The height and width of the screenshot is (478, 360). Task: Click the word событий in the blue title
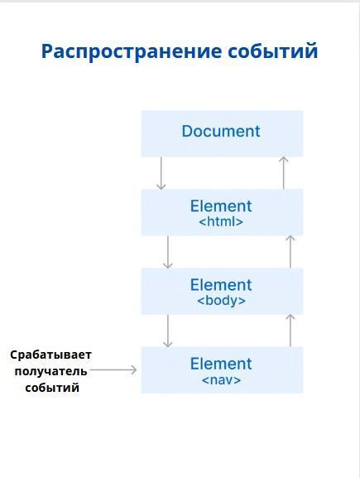[273, 51]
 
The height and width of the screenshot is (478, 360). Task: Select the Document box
[222, 134]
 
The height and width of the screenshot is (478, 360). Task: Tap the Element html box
[222, 212]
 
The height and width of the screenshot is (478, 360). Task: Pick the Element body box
[222, 291]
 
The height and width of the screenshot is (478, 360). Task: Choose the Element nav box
[222, 370]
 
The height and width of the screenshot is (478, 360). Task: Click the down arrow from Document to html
[161, 173]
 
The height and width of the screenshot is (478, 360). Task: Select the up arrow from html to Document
[284, 173]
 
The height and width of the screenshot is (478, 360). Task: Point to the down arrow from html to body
[167, 252]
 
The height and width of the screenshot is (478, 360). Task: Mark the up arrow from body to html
[290, 252]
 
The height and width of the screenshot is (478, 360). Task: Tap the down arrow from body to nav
[167, 331]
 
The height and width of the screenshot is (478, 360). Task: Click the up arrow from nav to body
[290, 331]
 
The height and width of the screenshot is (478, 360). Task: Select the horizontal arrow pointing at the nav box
[113, 370]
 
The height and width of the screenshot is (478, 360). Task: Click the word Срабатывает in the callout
[50, 355]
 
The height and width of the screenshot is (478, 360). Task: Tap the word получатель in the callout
[50, 372]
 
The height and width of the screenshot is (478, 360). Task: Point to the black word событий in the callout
[52, 388]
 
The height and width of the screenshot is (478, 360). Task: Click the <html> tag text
[221, 222]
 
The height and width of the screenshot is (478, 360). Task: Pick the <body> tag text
[222, 301]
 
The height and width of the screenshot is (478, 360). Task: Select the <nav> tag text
[222, 380]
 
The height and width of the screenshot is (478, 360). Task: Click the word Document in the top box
[221, 132]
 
